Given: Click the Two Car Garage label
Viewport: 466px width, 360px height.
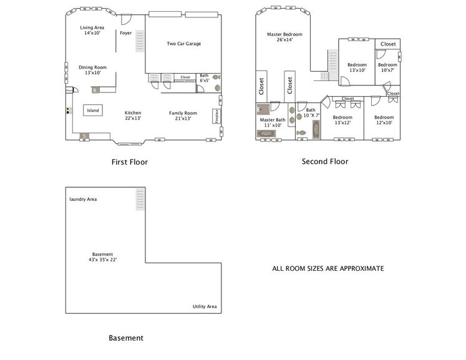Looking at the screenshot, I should [183, 44].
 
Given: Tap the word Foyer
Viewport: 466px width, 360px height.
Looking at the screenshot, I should [125, 33].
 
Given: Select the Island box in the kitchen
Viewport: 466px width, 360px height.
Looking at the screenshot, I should [92, 110].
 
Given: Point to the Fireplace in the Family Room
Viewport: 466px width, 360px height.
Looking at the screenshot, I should [216, 117].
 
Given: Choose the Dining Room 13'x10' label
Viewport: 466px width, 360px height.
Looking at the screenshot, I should [92, 70].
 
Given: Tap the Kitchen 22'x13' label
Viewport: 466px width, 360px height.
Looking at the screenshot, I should [133, 116].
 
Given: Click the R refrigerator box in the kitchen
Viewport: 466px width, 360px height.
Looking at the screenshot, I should [94, 90].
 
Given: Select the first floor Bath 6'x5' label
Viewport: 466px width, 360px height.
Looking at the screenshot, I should [204, 79].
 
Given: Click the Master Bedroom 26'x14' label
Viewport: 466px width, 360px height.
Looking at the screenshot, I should [284, 37].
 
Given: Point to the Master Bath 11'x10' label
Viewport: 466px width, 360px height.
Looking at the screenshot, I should [273, 122].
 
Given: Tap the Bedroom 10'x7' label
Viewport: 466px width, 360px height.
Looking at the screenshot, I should [387, 67].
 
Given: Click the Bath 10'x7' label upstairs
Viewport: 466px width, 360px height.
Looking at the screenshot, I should [311, 113].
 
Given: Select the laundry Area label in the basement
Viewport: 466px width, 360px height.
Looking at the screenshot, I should [83, 199].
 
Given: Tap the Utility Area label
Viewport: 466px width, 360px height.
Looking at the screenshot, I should [204, 307].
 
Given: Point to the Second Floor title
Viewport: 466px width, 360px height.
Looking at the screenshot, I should [324, 162].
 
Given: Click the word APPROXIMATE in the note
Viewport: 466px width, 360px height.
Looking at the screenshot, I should [360, 269].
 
